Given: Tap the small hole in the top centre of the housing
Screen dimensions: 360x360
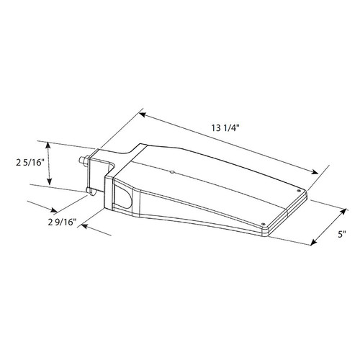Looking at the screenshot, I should [x=171, y=173].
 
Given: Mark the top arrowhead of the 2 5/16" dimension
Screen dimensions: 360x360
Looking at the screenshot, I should [x=49, y=143].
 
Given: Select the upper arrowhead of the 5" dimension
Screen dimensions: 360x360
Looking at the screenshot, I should [x=338, y=207].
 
